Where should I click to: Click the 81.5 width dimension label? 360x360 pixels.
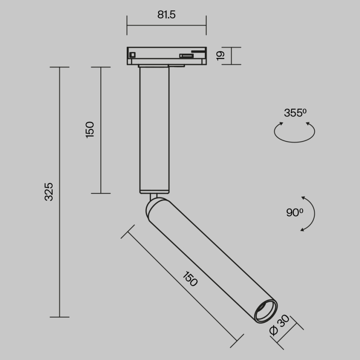tap(166, 15)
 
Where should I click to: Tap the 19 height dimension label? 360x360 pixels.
tap(221, 56)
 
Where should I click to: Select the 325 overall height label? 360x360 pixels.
tap(49, 192)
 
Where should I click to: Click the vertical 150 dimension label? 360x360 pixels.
tap(90, 130)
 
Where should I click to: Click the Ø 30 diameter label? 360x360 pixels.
tap(279, 325)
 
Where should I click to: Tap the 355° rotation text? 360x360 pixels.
tap(295, 113)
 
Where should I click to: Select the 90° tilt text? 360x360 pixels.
tap(295, 213)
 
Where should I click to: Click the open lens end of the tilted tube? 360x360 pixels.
tap(265, 311)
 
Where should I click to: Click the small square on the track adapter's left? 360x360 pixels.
tap(132, 54)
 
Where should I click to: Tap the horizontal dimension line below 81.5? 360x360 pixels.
tap(166, 25)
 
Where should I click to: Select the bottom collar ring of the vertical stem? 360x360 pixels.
tap(154, 191)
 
